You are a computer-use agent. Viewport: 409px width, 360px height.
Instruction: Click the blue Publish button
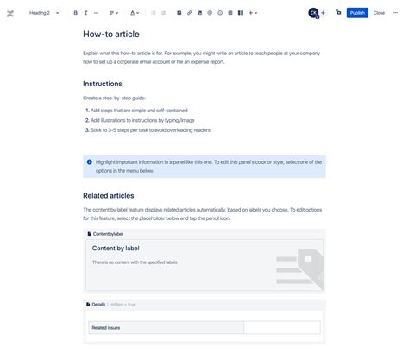(x=357, y=13)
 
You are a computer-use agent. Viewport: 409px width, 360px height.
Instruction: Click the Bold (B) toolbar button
(x=75, y=13)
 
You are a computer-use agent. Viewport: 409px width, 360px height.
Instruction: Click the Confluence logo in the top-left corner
(x=8, y=13)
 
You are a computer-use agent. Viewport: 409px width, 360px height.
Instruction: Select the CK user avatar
(x=312, y=13)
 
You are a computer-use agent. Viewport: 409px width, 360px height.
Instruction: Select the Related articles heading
(x=109, y=196)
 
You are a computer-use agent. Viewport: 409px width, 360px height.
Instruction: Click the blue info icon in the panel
(x=89, y=161)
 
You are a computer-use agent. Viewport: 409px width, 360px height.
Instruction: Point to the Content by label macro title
(x=116, y=249)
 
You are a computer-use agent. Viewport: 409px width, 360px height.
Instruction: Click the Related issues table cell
(x=167, y=328)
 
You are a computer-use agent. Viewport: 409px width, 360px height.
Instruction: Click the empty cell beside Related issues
(x=281, y=328)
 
